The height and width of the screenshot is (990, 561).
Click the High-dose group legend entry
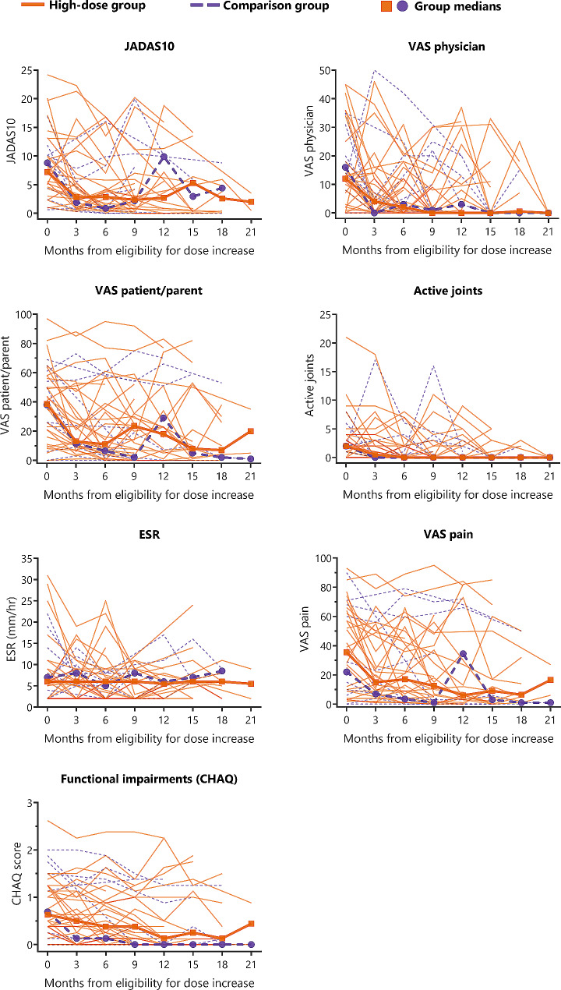(x=83, y=5)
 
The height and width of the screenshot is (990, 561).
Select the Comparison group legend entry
(x=259, y=5)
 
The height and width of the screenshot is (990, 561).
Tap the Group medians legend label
(x=457, y=7)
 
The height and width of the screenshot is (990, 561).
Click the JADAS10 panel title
(x=150, y=47)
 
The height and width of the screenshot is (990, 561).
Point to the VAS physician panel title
(x=446, y=47)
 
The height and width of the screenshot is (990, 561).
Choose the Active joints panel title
(x=448, y=291)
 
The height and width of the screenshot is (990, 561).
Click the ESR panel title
(x=150, y=535)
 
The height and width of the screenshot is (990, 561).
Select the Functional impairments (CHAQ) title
(x=150, y=779)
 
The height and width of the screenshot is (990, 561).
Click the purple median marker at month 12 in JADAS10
(x=164, y=157)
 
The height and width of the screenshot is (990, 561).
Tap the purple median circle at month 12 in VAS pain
(x=463, y=654)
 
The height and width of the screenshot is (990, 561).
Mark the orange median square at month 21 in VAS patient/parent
(x=250, y=431)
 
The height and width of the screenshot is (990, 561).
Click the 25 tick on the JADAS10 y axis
(x=26, y=70)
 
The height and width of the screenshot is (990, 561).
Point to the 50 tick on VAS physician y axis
(x=325, y=70)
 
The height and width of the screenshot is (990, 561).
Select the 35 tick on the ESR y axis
(x=26, y=559)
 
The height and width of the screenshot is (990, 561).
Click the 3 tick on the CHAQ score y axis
(x=30, y=803)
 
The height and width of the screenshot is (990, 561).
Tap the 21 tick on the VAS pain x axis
(x=549, y=720)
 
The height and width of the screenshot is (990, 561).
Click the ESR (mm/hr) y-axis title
(x=12, y=630)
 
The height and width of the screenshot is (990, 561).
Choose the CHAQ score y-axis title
(x=16, y=873)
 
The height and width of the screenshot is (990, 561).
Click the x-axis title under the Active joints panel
(x=447, y=494)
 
